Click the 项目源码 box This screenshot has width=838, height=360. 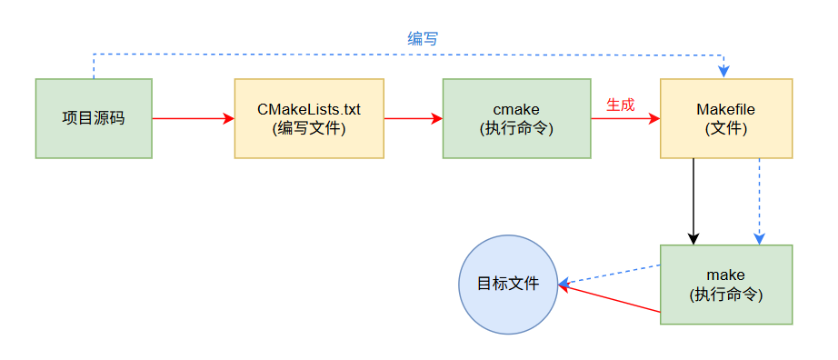94,118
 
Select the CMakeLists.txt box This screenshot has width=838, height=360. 309,118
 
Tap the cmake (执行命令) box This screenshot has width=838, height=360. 516,118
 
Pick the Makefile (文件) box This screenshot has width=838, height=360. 725,118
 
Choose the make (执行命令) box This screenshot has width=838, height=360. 725,284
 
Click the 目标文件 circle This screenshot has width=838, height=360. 508,284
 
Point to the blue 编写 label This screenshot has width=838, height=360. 423,38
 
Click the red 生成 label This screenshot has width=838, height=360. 620,105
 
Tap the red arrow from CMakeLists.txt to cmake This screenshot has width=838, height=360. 413,118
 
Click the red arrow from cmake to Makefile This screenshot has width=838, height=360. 624,119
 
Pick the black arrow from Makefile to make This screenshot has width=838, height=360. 693,200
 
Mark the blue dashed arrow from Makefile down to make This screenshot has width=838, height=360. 759,200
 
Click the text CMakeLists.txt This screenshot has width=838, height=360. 309,110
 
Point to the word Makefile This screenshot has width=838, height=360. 725,110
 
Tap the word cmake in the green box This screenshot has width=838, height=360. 516,110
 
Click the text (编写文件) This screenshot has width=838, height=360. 309,128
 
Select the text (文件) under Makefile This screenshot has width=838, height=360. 725,128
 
